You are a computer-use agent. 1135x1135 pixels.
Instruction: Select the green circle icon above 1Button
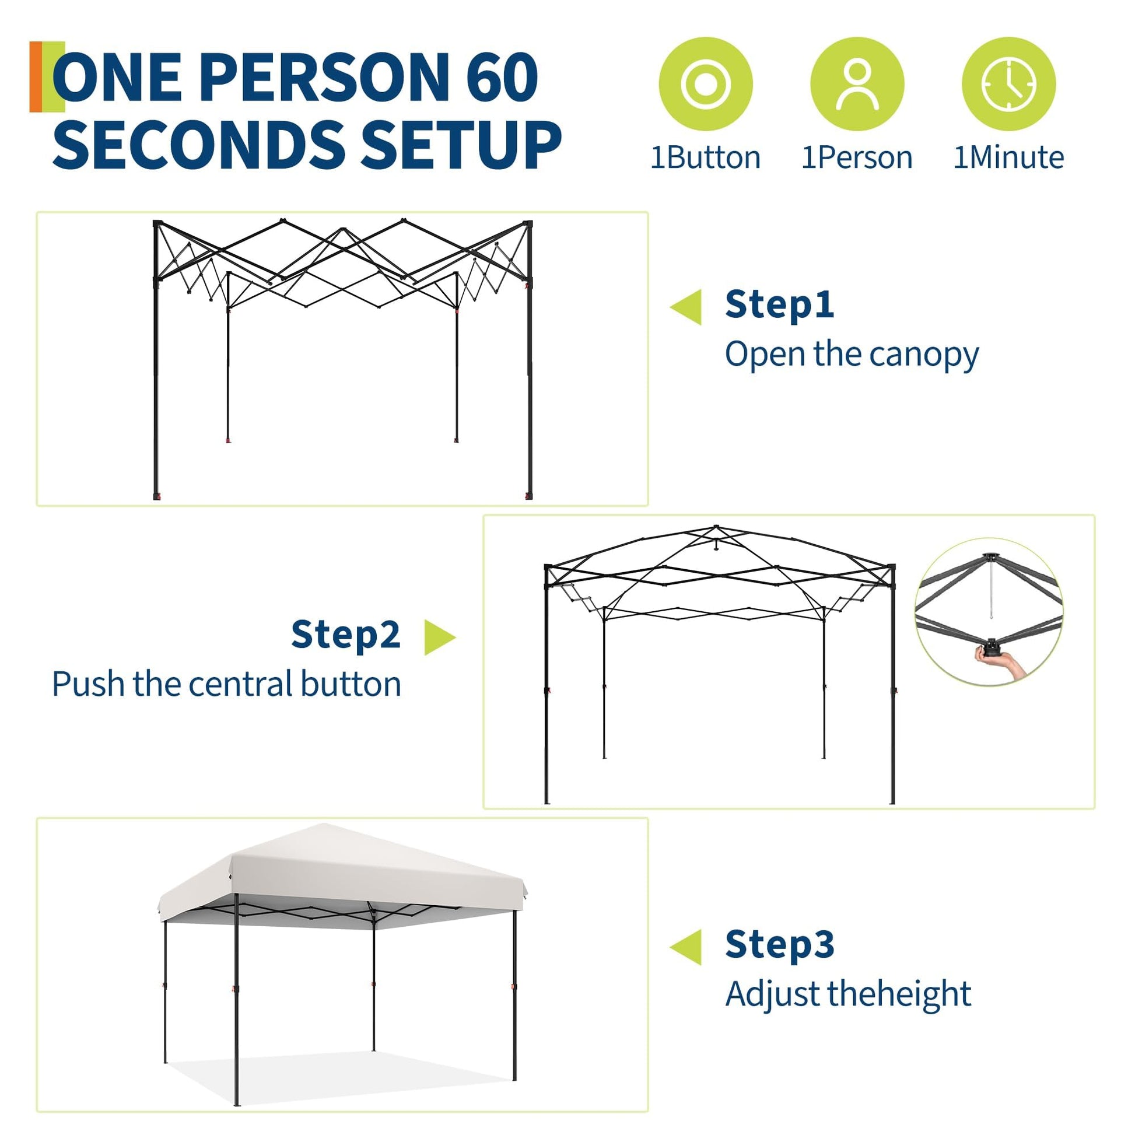(x=706, y=84)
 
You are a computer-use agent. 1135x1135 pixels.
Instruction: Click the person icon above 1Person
(x=857, y=84)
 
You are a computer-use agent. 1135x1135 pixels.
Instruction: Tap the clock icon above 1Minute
(x=1008, y=84)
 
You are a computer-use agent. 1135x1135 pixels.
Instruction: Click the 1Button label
(x=706, y=157)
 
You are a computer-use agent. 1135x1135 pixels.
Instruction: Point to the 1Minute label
(x=1008, y=157)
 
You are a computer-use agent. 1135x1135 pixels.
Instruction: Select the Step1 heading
(x=780, y=305)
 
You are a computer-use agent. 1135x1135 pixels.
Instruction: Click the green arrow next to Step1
(x=686, y=307)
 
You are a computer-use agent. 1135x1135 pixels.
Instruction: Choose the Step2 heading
(x=345, y=635)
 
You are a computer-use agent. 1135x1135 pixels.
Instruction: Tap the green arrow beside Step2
(x=440, y=637)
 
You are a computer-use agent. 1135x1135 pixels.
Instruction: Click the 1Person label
(x=857, y=157)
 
